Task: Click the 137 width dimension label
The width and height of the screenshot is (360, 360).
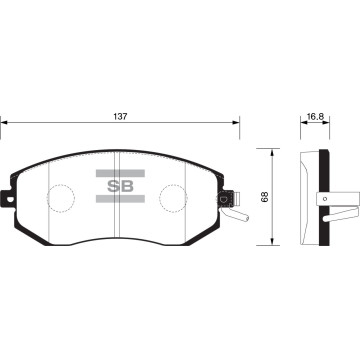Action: tap(120, 117)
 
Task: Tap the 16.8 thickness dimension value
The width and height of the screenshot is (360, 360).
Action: tap(315, 117)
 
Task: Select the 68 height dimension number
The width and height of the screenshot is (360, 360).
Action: tap(265, 198)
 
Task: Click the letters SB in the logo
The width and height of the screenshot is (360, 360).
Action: tap(120, 186)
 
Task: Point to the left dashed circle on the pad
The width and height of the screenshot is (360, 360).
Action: tap(61, 198)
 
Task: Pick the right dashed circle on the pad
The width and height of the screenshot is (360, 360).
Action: tap(173, 198)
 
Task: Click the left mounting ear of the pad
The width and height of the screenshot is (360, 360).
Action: tap(8, 198)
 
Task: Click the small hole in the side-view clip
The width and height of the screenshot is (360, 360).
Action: tap(325, 199)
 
